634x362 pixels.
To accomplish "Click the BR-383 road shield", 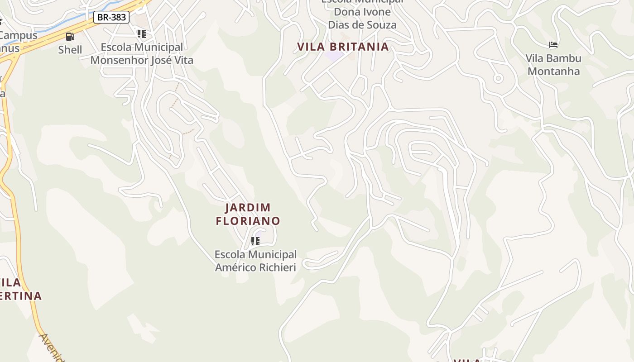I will [x=111, y=18].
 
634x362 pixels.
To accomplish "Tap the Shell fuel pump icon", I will [x=70, y=37].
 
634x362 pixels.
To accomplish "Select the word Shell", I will [x=70, y=50].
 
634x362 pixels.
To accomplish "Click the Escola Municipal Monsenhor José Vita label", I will [x=142, y=53].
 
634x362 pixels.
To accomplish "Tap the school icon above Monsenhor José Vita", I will [x=142, y=34].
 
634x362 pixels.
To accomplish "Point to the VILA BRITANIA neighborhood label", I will [x=343, y=47].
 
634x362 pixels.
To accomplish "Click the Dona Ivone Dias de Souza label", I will [x=362, y=18].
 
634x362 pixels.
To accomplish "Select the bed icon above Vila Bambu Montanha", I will [x=553, y=45].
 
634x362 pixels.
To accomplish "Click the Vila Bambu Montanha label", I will [x=553, y=65].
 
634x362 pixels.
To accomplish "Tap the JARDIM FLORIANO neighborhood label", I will [x=248, y=214].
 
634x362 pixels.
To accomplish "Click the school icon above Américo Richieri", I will [x=255, y=241].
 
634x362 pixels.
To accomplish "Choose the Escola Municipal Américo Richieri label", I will [x=255, y=261].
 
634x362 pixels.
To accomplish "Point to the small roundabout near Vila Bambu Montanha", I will [x=498, y=78].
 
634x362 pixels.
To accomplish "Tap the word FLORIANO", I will [x=248, y=221].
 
